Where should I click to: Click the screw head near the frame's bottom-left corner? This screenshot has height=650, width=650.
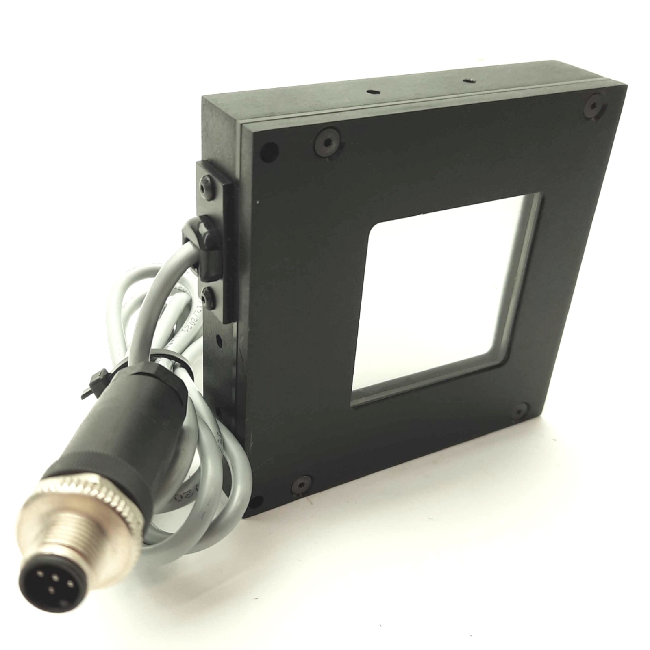(x=302, y=484)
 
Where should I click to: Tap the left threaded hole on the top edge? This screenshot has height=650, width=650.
(x=371, y=92)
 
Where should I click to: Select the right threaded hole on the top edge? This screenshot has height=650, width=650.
(x=467, y=81)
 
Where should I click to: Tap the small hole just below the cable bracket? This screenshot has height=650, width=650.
(x=219, y=338)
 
